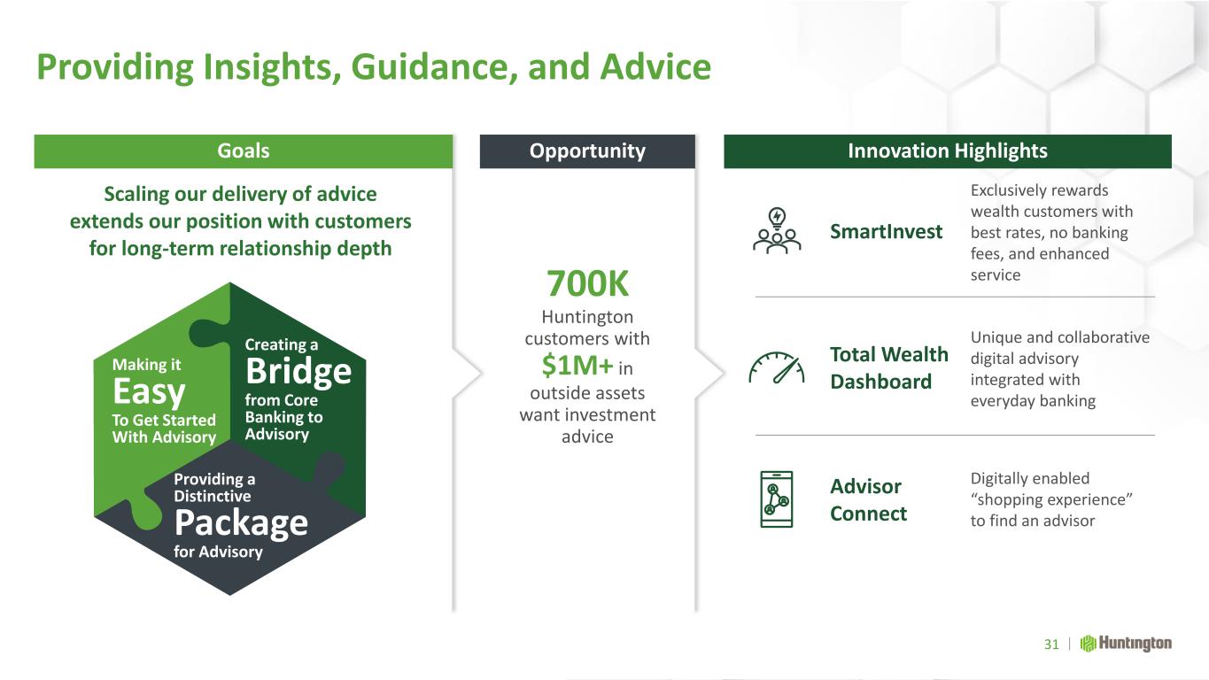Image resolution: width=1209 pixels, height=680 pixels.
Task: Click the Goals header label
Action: click(x=243, y=151)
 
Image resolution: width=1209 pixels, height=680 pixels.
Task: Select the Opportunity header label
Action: click(x=587, y=151)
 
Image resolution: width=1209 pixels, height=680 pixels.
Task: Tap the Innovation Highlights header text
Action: click(x=947, y=151)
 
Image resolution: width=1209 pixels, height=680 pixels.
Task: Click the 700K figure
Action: click(x=587, y=284)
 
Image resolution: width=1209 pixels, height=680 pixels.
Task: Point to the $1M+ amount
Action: click(x=577, y=366)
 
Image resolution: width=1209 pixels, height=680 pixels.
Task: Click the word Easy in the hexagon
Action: click(x=149, y=392)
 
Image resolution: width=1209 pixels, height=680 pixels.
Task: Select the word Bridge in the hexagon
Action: click(x=298, y=371)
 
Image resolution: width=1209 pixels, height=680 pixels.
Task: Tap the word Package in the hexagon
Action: click(x=241, y=523)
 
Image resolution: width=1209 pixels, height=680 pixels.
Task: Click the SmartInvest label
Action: click(x=887, y=231)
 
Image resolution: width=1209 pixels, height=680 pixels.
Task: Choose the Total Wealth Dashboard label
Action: click(x=889, y=368)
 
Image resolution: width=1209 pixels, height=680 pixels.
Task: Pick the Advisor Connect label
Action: click(x=868, y=499)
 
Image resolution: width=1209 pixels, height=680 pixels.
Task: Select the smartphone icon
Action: click(x=776, y=499)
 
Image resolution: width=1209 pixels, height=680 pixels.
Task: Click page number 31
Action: click(x=1051, y=645)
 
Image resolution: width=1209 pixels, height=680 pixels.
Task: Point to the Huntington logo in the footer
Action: click(x=1126, y=644)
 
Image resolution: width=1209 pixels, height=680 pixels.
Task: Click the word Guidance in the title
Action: click(x=435, y=68)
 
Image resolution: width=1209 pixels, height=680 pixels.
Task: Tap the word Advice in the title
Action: click(x=655, y=67)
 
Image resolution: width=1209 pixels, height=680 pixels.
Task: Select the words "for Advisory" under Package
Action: click(x=218, y=552)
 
